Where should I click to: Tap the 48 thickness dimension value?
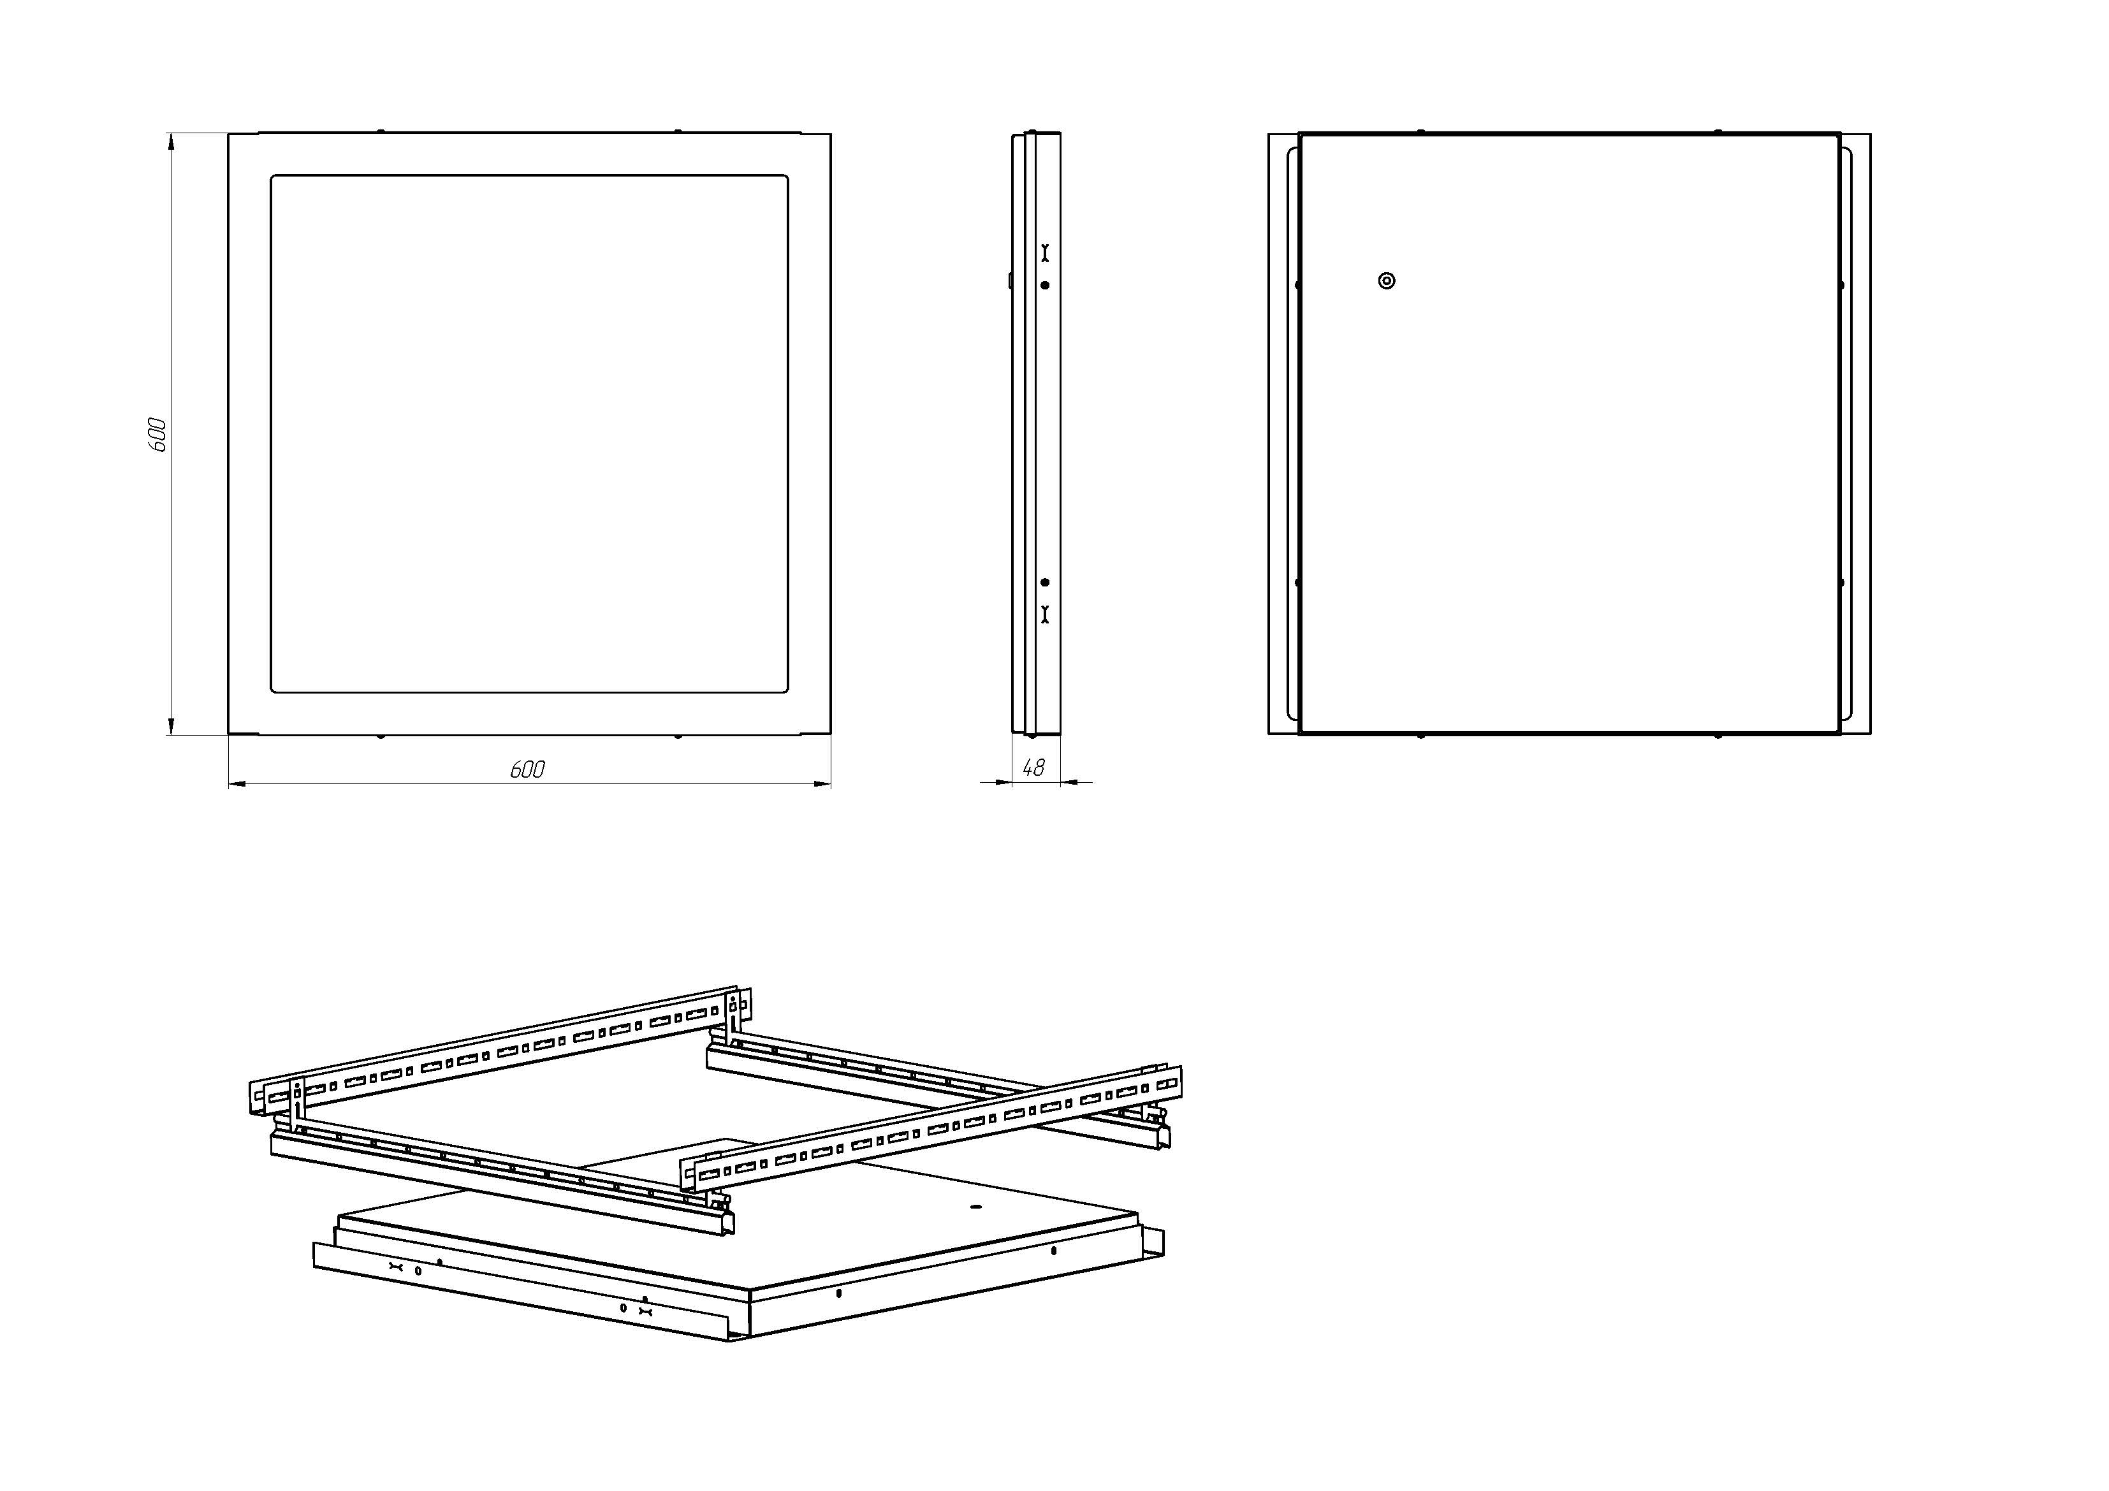(x=1033, y=768)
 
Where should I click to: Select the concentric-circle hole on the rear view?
(x=1387, y=281)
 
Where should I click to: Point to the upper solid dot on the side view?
(x=1044, y=286)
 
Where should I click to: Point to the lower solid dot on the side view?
(x=1044, y=583)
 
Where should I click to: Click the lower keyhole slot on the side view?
(x=1044, y=615)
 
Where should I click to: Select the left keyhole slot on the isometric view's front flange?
(x=396, y=1268)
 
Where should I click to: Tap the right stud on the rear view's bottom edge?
(x=1718, y=736)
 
